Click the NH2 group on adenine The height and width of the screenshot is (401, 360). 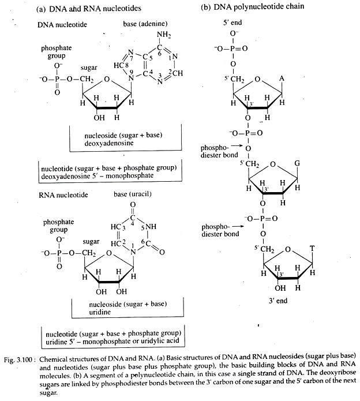click(164, 35)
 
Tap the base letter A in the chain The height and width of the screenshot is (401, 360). click(282, 79)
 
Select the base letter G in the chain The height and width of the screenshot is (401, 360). click(297, 163)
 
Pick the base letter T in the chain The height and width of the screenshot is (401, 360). click(312, 248)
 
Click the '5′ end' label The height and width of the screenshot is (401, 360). click(232, 23)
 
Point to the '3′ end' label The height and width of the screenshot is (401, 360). click(278, 301)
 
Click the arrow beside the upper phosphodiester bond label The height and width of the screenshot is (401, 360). click(236, 146)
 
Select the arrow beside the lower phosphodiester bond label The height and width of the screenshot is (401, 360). click(238, 226)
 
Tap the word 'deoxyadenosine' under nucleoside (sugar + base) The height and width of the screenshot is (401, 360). click(109, 143)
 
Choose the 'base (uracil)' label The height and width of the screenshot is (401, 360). click(133, 194)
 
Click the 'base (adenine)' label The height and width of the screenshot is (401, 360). click(145, 24)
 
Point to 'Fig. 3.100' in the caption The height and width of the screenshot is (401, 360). click(18, 359)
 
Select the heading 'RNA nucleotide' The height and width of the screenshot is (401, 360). click(63, 195)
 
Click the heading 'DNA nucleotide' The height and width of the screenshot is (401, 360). click(62, 25)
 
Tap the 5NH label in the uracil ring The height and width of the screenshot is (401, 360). click(148, 227)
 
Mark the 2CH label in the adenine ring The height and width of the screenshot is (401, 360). click(176, 73)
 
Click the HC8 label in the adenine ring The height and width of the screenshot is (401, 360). click(121, 65)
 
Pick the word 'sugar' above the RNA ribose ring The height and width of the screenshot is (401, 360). click(91, 242)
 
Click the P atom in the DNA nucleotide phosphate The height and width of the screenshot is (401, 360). click(57, 79)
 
